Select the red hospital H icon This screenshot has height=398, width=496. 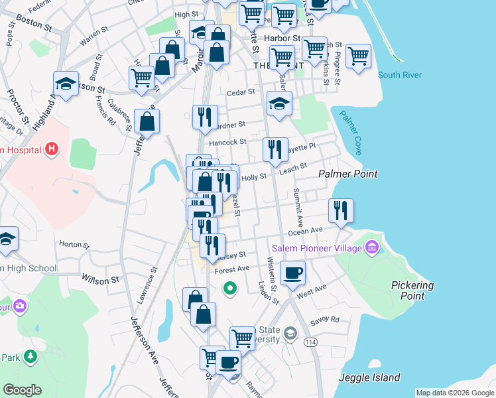51,150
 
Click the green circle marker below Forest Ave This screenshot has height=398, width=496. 229,288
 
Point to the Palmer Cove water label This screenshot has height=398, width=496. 351,132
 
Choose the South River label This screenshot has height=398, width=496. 399,75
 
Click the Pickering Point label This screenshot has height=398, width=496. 412,291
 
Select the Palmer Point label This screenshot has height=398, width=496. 347,174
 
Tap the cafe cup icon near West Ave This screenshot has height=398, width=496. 292,272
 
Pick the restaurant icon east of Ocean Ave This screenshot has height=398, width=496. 341,211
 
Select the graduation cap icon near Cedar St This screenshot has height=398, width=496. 279,103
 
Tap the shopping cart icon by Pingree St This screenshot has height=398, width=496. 358,56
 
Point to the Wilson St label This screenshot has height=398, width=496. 100,280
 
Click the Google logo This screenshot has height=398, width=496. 22,390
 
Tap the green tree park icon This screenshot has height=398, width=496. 30,358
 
